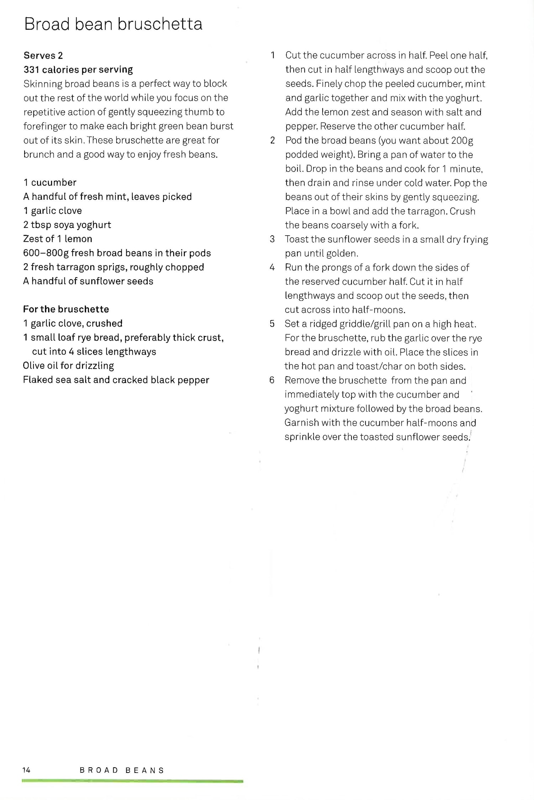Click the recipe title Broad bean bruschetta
[x=113, y=24]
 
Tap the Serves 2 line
[x=43, y=56]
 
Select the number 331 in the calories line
[x=31, y=69]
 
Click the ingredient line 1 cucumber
[x=50, y=183]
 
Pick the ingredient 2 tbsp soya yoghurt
[x=67, y=225]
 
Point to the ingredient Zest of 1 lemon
[x=57, y=239]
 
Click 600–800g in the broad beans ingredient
[x=46, y=253]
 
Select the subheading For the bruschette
[x=66, y=309]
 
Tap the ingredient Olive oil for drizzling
[x=68, y=366]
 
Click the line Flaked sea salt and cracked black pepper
[x=116, y=380]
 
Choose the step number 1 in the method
[x=273, y=55]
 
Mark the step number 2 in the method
[x=273, y=141]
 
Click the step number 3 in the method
[x=272, y=239]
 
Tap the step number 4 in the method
[x=272, y=268]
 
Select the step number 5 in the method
[x=272, y=324]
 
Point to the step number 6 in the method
[x=272, y=380]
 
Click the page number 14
[x=26, y=770]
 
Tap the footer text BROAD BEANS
[x=122, y=770]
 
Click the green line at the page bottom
[x=132, y=781]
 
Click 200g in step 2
[x=462, y=141]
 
